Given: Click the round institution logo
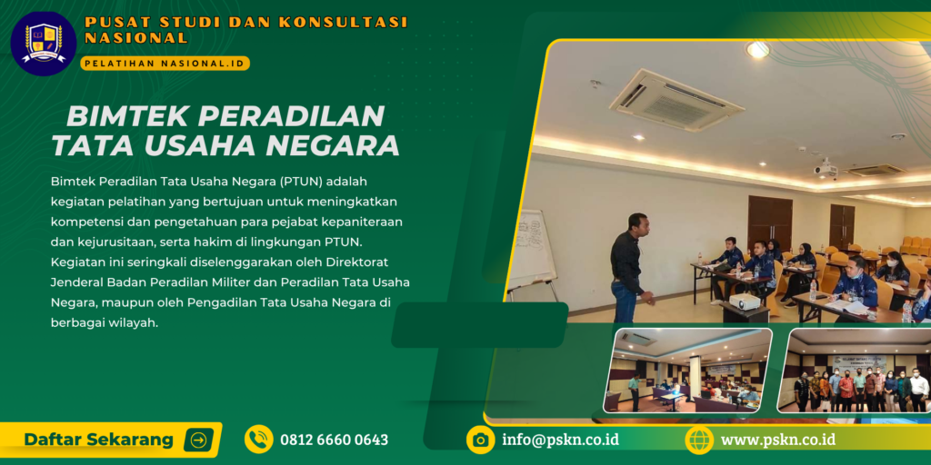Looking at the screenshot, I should tap(43, 43).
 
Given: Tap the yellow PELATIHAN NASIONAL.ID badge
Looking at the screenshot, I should tap(165, 64).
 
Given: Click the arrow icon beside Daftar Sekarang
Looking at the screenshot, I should tap(198, 440).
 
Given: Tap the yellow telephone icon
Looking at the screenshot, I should tap(259, 440).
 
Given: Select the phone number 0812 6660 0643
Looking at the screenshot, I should tap(334, 440).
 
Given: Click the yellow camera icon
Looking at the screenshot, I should tap(480, 440).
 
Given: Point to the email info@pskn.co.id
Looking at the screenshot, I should tap(560, 440).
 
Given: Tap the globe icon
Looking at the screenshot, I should tap(699, 440).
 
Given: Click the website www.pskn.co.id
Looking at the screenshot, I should tap(777, 440).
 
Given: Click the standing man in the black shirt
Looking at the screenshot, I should tap(627, 268).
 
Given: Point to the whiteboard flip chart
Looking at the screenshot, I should tap(534, 250).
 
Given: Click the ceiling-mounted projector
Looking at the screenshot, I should tap(826, 170).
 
